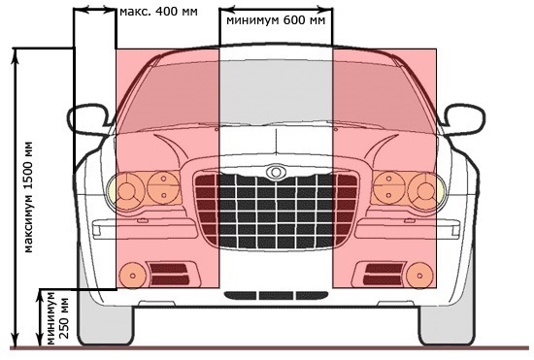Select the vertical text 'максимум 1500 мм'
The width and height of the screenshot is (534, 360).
pos(28,194)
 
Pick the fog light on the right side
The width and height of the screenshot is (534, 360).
pos(418,274)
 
